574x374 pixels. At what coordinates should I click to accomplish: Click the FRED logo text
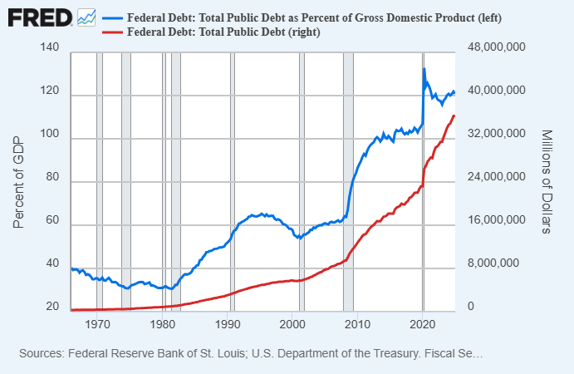tap(38, 17)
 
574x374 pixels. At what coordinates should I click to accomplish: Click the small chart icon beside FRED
tap(86, 17)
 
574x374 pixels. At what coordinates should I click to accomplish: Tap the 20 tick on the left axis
tap(52, 308)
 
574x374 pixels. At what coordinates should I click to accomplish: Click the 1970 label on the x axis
tap(97, 324)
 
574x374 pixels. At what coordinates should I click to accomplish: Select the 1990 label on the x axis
tap(228, 324)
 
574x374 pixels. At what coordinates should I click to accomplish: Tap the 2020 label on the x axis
tap(424, 324)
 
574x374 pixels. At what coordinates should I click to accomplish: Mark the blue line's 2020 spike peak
tap(424, 69)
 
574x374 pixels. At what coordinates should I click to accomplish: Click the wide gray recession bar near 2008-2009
tap(348, 180)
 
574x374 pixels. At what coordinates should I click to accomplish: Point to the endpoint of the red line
tap(454, 116)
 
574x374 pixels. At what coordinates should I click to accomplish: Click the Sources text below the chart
tap(250, 354)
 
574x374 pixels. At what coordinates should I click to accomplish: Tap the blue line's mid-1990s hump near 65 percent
tap(262, 214)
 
